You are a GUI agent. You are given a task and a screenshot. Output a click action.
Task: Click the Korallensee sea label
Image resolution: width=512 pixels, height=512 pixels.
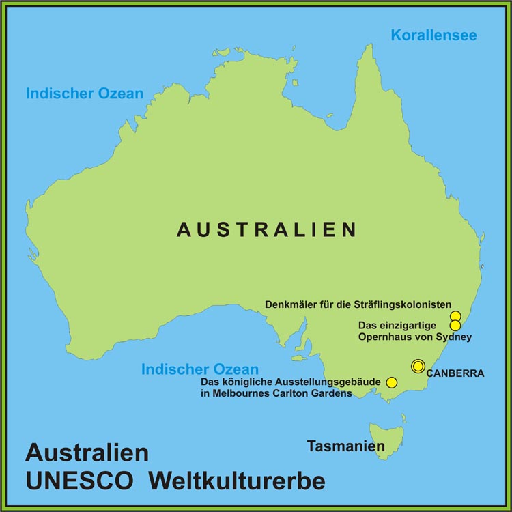433,35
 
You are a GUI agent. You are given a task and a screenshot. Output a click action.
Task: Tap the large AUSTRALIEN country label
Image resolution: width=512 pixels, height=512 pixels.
266,230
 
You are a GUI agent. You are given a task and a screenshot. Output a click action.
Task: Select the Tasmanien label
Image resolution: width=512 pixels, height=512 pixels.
345,446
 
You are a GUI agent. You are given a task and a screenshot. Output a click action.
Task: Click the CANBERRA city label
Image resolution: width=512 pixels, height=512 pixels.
455,373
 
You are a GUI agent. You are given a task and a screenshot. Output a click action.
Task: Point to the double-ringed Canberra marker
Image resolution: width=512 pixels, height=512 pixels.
418,366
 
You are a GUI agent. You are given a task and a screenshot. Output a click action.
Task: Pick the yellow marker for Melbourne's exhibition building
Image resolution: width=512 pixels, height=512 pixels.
392,382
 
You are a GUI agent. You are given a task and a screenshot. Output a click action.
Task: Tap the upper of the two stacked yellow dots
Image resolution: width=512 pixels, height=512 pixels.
455,316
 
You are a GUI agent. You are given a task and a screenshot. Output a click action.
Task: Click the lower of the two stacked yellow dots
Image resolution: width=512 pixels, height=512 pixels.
455,326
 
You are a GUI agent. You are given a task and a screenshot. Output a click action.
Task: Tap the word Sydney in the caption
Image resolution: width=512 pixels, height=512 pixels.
456,337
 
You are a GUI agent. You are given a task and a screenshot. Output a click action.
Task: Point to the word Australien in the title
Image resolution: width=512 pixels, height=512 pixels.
87,453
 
